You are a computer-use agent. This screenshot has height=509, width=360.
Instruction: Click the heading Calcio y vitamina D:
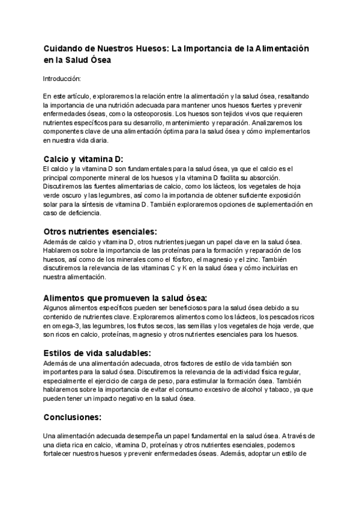(83, 159)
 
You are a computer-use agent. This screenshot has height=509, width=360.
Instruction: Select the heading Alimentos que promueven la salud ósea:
(125, 297)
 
